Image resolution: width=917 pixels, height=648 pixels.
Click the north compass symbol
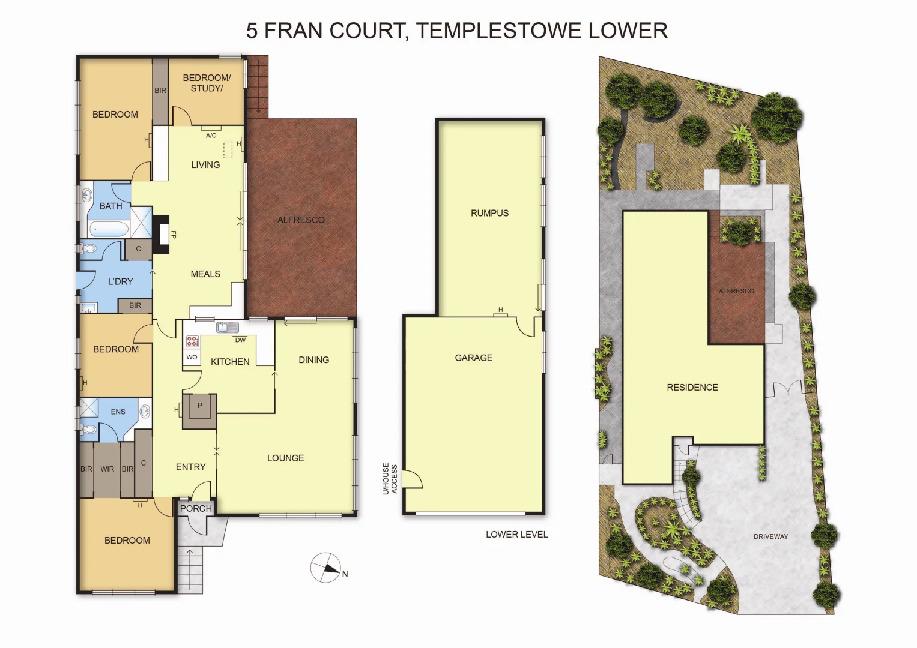(x=325, y=567)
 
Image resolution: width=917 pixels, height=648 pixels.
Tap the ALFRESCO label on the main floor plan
(x=301, y=220)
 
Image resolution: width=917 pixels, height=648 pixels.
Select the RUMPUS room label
(x=489, y=213)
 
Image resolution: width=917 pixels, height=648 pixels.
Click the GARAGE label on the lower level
(x=473, y=358)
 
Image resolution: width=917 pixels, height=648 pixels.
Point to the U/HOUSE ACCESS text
(x=390, y=479)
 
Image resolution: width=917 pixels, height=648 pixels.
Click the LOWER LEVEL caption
(x=516, y=534)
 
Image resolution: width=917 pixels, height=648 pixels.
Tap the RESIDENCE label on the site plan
(x=692, y=388)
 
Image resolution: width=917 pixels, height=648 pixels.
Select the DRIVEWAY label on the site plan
(x=770, y=536)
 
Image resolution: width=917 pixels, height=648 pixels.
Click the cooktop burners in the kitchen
(x=192, y=341)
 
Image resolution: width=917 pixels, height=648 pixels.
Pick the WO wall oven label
(x=192, y=357)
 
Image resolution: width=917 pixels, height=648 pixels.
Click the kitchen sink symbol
(x=228, y=327)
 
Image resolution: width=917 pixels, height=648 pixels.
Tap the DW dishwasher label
(x=240, y=340)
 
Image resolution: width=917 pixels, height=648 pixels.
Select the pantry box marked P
(x=200, y=406)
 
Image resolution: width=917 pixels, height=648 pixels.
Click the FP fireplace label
(x=174, y=235)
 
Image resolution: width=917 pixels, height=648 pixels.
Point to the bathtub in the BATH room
(x=109, y=229)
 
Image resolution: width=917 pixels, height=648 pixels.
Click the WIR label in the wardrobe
(x=107, y=469)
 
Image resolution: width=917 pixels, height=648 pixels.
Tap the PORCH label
(x=196, y=508)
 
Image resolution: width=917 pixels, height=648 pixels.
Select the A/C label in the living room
(x=211, y=136)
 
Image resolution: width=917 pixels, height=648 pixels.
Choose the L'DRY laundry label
(x=120, y=281)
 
